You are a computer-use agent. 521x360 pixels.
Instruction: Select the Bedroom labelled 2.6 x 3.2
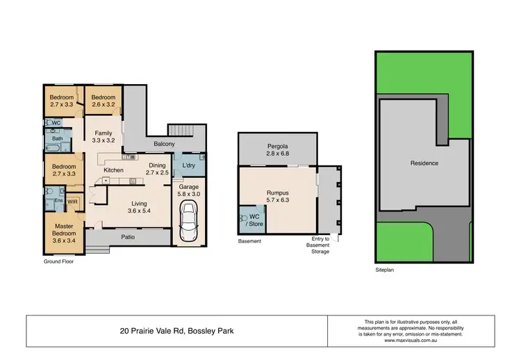[x=102, y=101]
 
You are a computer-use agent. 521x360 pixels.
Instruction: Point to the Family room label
[x=103, y=136]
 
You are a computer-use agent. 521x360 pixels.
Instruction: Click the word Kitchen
[x=113, y=170]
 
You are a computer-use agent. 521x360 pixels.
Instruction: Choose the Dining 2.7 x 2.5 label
[x=157, y=169]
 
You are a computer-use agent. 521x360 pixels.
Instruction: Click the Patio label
[x=125, y=238]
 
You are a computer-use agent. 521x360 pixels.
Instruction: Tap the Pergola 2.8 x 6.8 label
[x=276, y=149]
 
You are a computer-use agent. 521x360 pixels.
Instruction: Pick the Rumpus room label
[x=276, y=197]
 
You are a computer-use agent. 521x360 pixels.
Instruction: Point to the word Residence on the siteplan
[x=424, y=163]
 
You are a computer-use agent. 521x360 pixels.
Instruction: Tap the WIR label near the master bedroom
[x=73, y=202]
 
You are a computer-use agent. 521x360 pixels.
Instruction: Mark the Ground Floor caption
[x=59, y=262]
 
